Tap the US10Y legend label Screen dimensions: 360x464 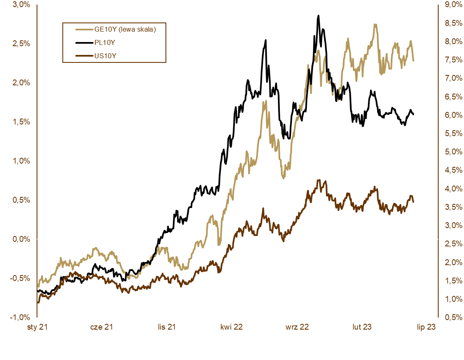point(104,55)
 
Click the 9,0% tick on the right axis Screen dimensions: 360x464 point(452,5)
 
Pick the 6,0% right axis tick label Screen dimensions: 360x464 point(452,115)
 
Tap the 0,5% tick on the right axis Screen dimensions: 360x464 point(452,317)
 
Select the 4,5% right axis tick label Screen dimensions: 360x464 point(452,170)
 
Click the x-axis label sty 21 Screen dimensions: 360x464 point(37,327)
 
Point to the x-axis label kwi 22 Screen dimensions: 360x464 point(232,327)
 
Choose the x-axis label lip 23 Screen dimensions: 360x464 point(426,327)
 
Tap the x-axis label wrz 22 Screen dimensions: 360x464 point(297,327)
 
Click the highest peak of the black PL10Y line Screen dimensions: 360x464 point(318,16)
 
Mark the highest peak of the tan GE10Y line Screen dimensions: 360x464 point(375,25)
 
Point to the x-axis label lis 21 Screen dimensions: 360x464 point(167,327)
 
